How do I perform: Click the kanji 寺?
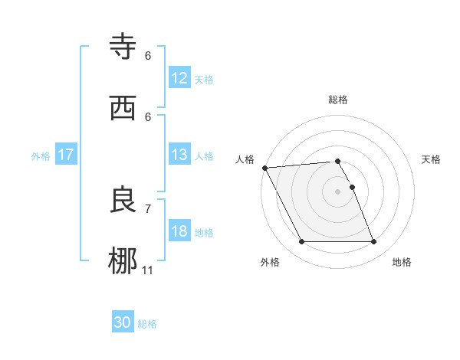[123, 47]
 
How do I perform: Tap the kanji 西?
[123, 107]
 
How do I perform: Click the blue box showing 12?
[179, 78]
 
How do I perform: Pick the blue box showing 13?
[179, 155]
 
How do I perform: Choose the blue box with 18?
[179, 231]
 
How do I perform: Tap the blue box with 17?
[66, 155]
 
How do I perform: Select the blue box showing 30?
[123, 322]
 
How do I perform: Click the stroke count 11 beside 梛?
[148, 270]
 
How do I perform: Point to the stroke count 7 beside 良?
[148, 208]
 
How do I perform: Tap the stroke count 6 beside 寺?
[148, 56]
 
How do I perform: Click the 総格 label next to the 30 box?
[147, 324]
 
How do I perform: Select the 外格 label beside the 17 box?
[41, 156]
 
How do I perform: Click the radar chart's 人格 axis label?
[245, 159]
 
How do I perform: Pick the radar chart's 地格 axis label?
[402, 262]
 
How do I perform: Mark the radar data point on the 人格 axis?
[264, 168]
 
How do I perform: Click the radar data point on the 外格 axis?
[301, 242]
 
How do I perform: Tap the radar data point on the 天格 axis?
[352, 187]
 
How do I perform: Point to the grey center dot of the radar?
[337, 191]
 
